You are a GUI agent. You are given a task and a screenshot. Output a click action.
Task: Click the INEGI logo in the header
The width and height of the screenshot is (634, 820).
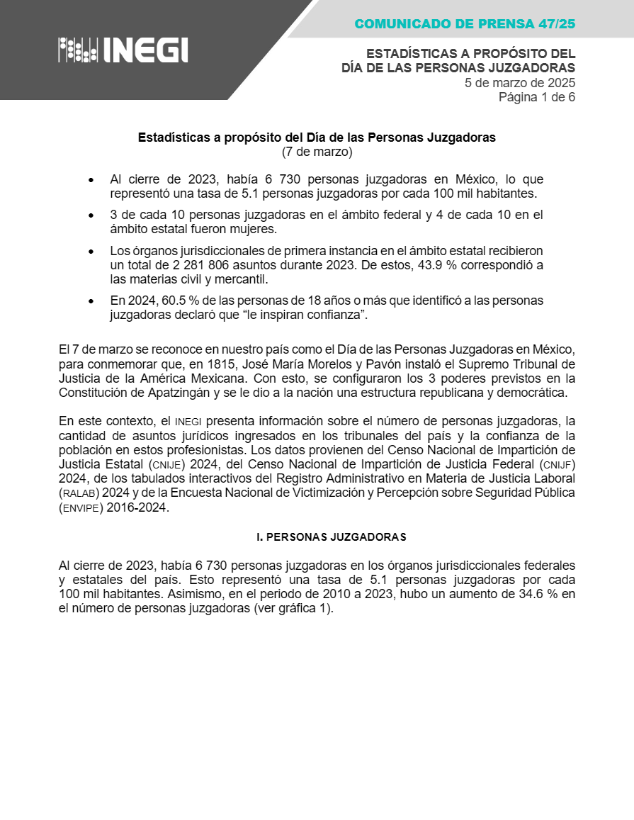[x=123, y=50]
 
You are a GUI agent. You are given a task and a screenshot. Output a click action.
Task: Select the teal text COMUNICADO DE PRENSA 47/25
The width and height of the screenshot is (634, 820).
[x=465, y=24]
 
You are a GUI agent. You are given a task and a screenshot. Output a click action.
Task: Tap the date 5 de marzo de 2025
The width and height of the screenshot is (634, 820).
[x=519, y=82]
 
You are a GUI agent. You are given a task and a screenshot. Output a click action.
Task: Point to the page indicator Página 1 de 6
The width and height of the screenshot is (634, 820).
[x=536, y=97]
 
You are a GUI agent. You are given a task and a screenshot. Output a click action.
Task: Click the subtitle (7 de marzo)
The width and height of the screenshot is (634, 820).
[x=317, y=152]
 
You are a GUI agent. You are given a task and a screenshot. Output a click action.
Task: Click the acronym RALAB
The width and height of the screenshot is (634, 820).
[x=80, y=493]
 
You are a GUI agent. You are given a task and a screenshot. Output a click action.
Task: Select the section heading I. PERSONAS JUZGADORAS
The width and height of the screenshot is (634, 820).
[x=331, y=537]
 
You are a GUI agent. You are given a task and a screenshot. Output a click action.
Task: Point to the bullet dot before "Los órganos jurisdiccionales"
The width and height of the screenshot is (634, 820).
[x=91, y=251]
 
